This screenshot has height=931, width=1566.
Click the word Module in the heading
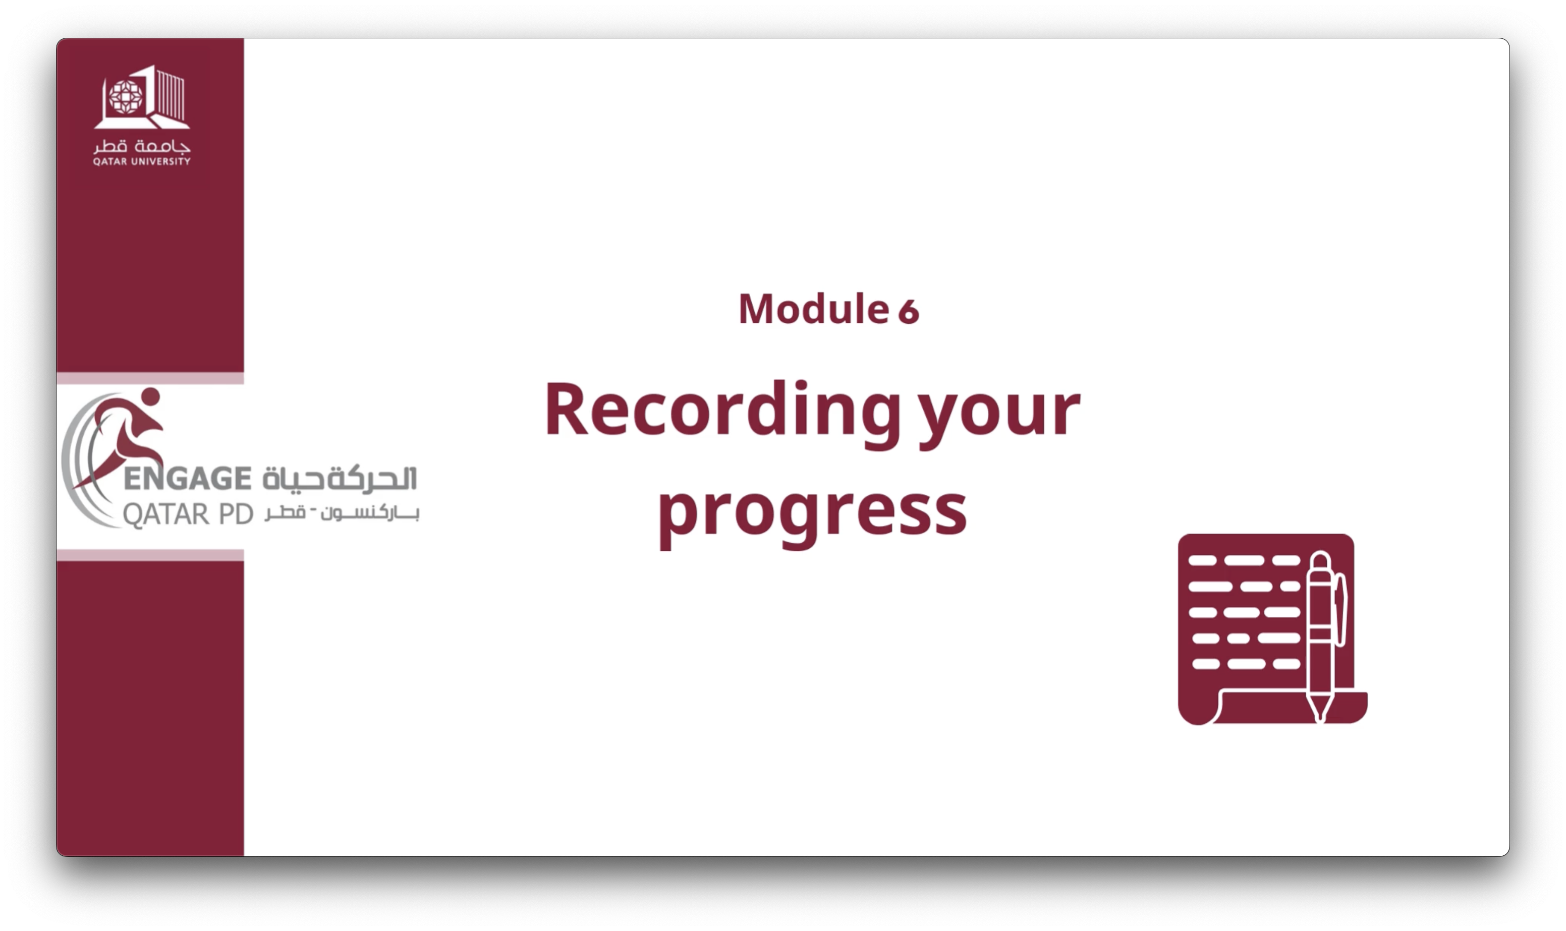point(813,309)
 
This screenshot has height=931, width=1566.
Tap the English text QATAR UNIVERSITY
point(142,161)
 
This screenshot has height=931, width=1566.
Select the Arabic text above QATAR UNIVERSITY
point(142,146)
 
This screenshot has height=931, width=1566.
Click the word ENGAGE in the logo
point(188,478)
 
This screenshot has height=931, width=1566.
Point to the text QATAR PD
point(188,514)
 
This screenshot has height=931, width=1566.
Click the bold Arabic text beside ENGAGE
point(340,479)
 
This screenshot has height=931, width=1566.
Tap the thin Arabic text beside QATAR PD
point(342,512)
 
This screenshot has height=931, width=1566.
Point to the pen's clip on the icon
point(1341,609)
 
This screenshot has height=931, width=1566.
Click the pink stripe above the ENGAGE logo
point(150,378)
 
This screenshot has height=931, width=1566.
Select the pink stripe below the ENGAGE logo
point(150,555)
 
